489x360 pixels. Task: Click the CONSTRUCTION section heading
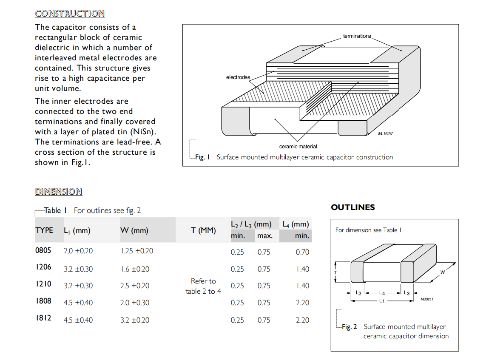70,14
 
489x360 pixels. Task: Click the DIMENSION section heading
58,192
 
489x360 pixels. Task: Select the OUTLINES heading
353,207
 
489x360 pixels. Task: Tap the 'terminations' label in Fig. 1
357,36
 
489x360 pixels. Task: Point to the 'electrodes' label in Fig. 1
238,77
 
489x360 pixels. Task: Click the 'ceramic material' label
298,147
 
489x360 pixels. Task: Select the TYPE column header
44,230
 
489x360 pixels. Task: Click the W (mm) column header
134,230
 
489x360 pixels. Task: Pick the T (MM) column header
203,230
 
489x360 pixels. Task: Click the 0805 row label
43,250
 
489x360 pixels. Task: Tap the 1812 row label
43,318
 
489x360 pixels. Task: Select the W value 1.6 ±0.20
135,269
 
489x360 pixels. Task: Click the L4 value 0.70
302,252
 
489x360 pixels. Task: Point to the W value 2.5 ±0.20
135,286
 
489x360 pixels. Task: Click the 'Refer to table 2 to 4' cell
203,286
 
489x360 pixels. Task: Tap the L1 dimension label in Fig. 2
382,301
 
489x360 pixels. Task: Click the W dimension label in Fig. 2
442,272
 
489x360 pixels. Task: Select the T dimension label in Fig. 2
335,272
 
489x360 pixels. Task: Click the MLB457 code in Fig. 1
385,133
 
